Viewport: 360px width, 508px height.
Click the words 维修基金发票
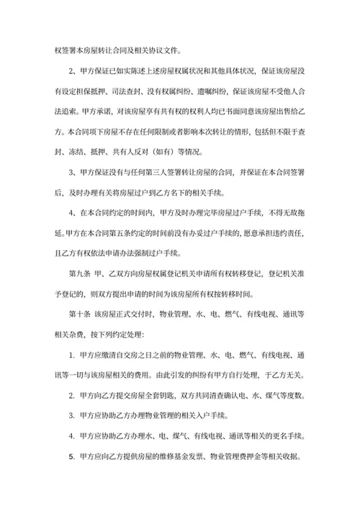coord(181,457)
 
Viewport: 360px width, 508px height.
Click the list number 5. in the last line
coord(72,457)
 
